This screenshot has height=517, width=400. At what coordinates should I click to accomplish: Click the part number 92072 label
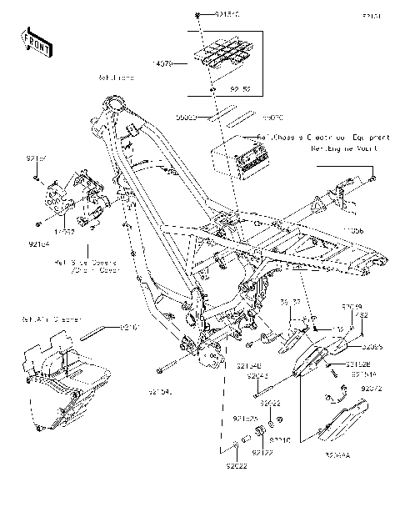tap(370, 388)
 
